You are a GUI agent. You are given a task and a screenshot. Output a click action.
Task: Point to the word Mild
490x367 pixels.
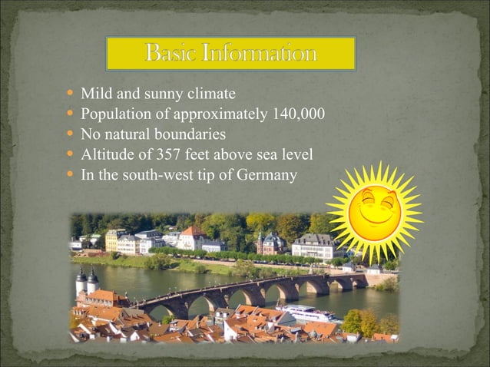[x=95, y=94]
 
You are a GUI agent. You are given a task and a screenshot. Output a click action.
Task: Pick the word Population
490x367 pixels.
[x=115, y=115]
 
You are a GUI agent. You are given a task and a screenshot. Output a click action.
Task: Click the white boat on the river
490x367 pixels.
[x=307, y=313]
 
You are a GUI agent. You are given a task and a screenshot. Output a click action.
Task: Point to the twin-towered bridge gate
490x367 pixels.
[x=87, y=282]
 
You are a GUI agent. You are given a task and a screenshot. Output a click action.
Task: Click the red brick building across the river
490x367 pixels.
[x=270, y=243]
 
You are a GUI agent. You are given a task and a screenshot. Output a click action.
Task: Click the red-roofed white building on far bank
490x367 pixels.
[x=191, y=239]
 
